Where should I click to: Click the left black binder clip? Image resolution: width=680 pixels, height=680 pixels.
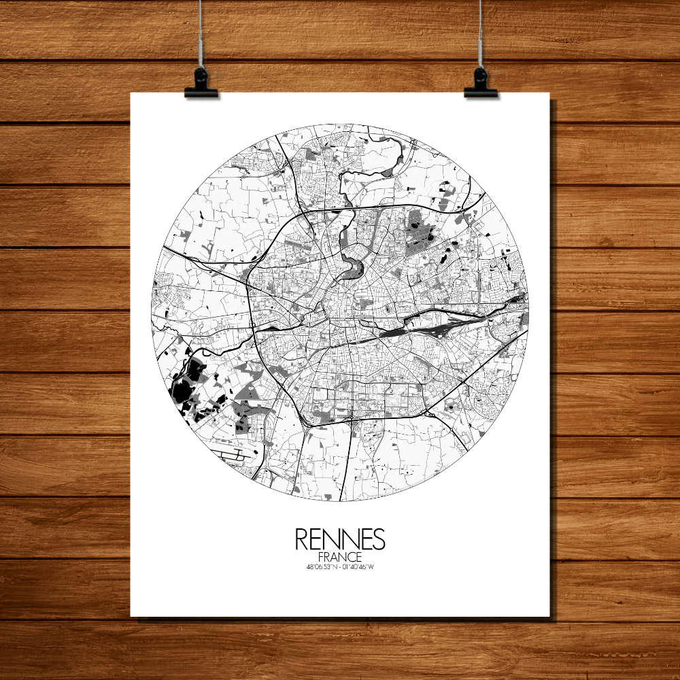201,83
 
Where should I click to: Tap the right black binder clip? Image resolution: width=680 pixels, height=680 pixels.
481,83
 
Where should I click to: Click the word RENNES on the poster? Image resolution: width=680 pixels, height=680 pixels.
340,539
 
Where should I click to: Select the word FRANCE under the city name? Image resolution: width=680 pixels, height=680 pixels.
340,557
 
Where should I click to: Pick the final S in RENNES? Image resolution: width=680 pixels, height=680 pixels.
378,539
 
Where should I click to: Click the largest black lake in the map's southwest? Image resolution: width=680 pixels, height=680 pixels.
182,394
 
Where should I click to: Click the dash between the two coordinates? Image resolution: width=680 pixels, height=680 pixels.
340,567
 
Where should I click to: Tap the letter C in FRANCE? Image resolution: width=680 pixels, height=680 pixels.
352,557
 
